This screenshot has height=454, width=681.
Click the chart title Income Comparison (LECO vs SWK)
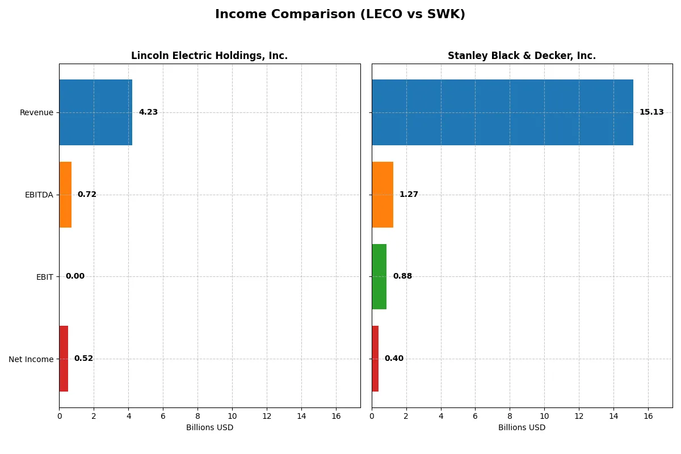340,15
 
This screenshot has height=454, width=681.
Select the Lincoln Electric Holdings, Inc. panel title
209,56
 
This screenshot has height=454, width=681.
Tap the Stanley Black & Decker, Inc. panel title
522,56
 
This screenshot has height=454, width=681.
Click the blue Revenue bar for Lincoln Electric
95,112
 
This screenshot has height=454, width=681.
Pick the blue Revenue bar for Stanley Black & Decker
502,112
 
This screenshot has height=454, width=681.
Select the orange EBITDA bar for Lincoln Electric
65,195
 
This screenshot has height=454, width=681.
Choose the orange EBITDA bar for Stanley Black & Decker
382,195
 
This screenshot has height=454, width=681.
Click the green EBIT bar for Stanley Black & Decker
379,276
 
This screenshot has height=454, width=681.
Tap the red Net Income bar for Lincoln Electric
64,359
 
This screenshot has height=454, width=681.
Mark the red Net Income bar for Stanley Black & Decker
375,359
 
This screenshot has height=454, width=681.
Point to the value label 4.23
148,112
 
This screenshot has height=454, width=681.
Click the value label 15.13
651,112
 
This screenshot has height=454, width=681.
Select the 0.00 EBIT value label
75,276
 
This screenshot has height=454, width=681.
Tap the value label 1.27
409,195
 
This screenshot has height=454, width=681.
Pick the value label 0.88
402,276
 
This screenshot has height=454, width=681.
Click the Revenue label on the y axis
36,112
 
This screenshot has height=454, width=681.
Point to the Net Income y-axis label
31,359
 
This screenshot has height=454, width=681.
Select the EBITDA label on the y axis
39,195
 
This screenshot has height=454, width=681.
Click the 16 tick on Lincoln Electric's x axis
336,416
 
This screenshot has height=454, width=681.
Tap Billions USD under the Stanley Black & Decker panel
522,428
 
